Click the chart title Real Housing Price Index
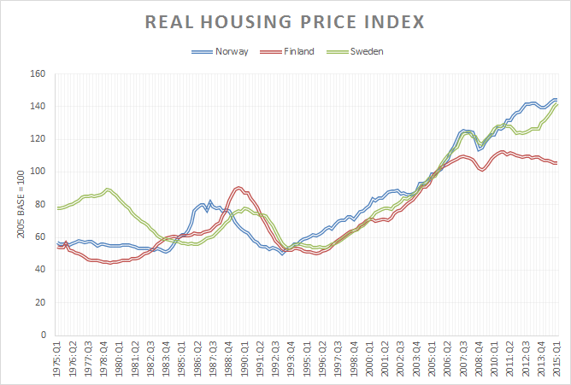(285, 21)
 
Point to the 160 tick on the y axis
(37, 73)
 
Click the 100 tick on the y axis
(37, 172)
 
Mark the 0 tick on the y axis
(42, 335)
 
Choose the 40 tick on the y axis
(39, 270)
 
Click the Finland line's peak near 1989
(238, 188)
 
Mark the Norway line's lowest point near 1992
(281, 254)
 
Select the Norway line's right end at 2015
(556, 99)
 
